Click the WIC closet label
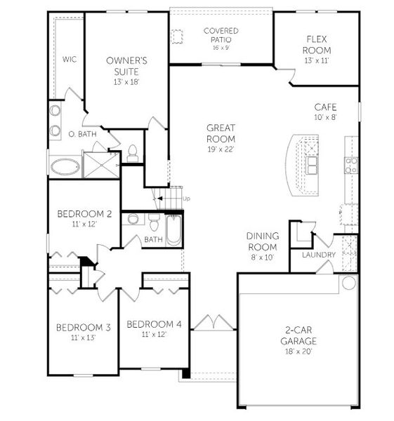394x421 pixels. point(69,60)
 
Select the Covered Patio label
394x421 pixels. point(221,32)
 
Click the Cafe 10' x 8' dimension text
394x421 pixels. point(325,118)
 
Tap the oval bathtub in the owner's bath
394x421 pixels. point(65,167)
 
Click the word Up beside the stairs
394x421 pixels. point(186,199)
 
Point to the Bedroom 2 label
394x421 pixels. point(84,214)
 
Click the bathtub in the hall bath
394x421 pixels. point(173,229)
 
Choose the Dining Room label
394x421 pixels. point(262,241)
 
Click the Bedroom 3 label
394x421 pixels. point(84,327)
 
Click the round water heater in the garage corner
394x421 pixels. point(348,283)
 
